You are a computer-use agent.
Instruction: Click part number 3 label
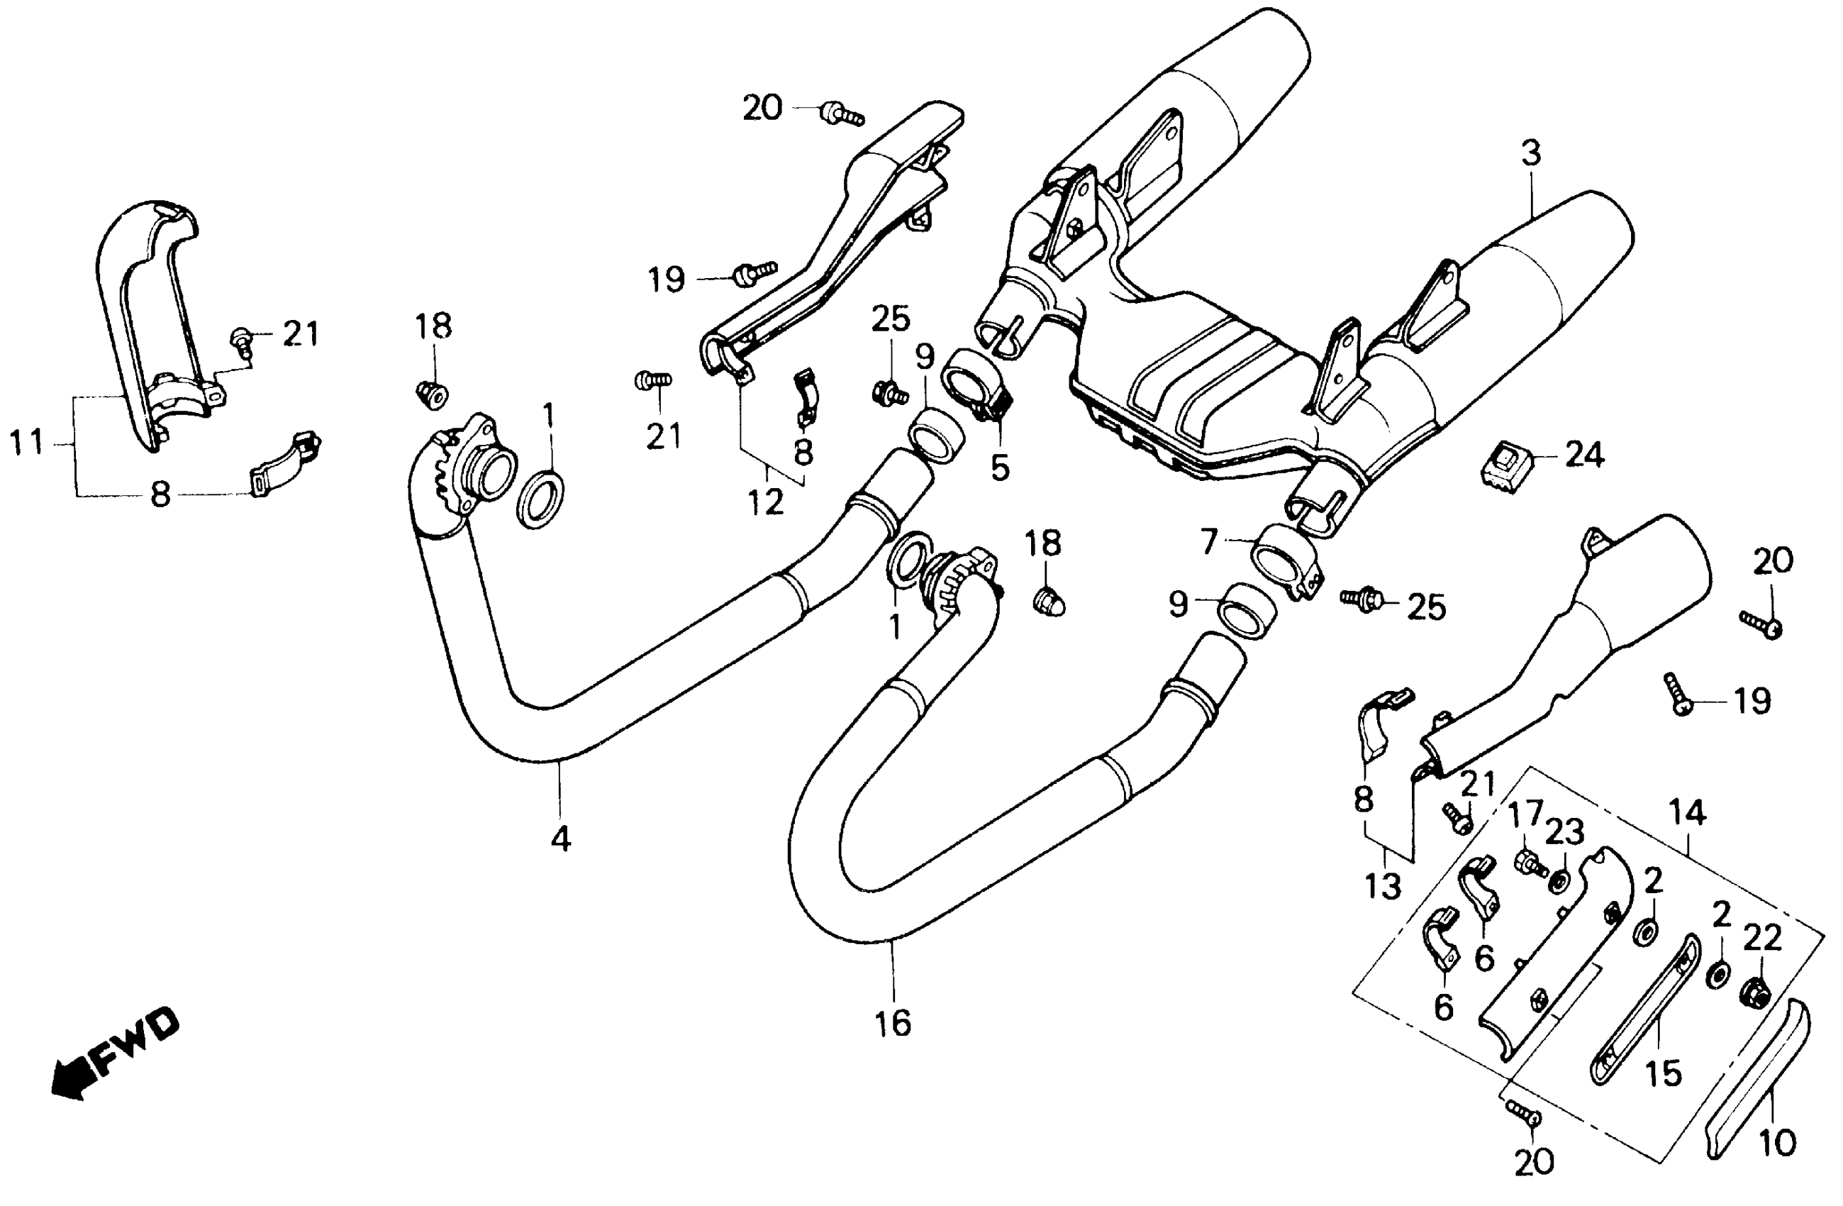click(1531, 153)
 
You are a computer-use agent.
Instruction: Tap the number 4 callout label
click(561, 838)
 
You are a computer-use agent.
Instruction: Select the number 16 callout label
click(893, 1023)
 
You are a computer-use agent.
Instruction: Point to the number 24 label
click(1583, 455)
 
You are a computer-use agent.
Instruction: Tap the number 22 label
click(1761, 939)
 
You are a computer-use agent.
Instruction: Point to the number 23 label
click(1565, 832)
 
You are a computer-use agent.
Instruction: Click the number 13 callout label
click(1382, 886)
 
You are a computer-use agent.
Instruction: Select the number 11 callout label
click(27, 444)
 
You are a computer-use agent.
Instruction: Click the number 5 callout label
click(1000, 467)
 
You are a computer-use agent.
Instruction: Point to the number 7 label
click(1210, 541)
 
